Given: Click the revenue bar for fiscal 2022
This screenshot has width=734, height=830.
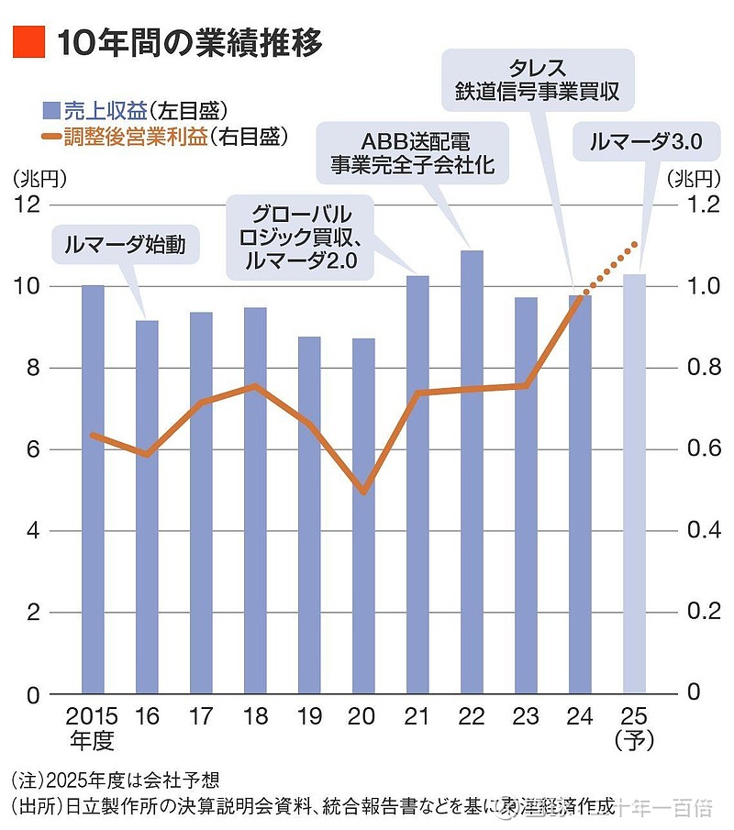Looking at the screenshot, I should coord(472,477).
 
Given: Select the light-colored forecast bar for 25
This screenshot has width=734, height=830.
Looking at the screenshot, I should coord(634,486).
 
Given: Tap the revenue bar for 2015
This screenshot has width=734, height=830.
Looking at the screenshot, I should coord(93,495).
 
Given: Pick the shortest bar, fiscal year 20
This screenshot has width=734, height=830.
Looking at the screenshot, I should coord(363,523).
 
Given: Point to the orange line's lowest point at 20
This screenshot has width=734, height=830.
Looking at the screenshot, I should coord(363,492).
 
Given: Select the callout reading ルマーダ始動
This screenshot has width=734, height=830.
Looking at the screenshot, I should coord(125,244).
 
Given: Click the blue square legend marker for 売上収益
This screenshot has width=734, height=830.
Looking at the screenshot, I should coord(51,112).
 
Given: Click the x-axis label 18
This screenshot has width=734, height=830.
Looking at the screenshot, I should coord(255,715).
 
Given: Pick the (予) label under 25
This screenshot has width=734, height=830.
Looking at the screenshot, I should coord(634,740).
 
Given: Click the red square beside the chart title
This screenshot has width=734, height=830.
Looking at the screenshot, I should coord(28,42).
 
